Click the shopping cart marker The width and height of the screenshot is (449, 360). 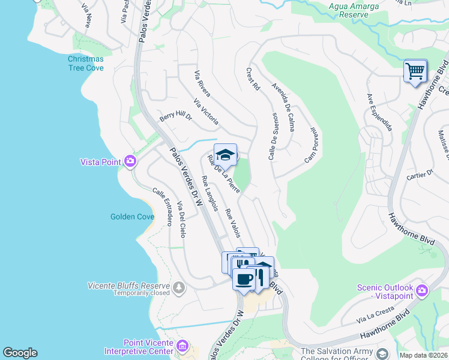point(415,71)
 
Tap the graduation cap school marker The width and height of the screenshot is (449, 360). point(225,155)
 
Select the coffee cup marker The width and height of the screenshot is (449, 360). point(244,279)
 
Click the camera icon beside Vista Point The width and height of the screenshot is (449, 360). point(130,161)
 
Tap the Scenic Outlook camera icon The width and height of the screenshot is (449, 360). point(422,290)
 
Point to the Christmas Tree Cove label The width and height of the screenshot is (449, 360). point(85,64)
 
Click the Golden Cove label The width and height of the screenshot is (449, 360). point(132,217)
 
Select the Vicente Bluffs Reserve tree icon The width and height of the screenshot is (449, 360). point(178,289)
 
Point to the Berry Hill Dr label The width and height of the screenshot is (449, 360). point(175,115)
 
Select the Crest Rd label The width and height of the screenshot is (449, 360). point(253,79)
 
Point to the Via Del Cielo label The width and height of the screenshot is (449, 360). point(182,220)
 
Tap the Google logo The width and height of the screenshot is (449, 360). point(20,353)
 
